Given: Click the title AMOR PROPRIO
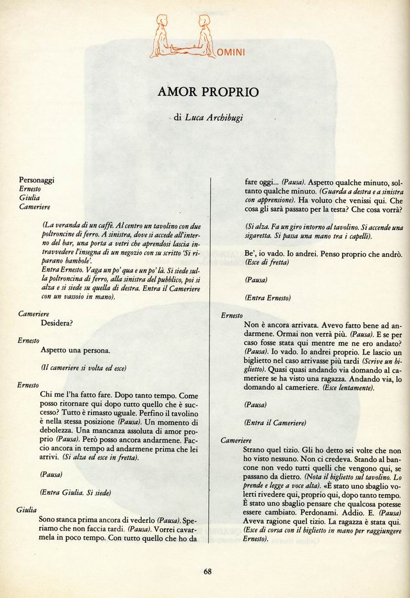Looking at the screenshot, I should [208, 92].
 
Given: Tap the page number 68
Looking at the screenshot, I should [208, 572].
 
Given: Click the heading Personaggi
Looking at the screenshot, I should [37, 181].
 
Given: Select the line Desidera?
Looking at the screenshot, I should [56, 322].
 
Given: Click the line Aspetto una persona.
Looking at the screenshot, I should [75, 351].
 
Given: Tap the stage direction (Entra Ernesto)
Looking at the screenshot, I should [268, 297].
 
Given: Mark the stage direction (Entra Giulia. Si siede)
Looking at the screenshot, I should [76, 492].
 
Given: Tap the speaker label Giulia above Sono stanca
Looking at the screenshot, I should [26, 510].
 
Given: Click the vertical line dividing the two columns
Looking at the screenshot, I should [211, 359].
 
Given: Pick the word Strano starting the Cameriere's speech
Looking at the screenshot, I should [256, 451].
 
